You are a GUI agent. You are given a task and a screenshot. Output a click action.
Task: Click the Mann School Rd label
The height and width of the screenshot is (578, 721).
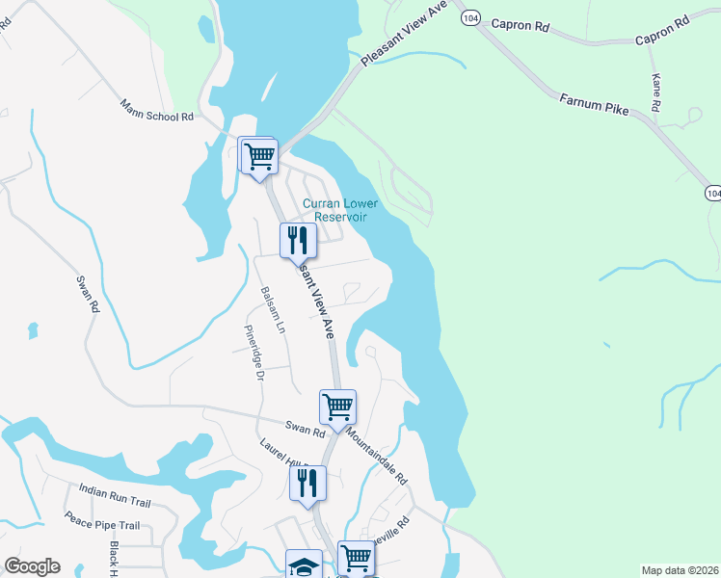point(157,109)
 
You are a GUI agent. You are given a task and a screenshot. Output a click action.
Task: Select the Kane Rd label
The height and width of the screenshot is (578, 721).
point(655,93)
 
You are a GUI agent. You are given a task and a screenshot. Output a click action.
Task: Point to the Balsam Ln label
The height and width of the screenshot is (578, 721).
point(273,309)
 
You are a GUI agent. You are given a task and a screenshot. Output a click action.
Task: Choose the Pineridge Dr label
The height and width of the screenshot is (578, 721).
point(254,351)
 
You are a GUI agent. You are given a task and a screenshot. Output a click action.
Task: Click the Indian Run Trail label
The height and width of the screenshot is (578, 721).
point(116,495)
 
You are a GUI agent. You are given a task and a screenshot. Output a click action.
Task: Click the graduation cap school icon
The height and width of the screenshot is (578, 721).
point(305,565)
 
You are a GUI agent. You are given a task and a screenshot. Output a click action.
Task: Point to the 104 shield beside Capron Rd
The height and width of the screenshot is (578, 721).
point(470,18)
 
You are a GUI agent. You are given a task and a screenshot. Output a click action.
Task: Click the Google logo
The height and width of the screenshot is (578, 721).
point(32,566)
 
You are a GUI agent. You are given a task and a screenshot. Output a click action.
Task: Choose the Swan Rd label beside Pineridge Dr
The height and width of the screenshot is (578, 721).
point(302,426)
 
